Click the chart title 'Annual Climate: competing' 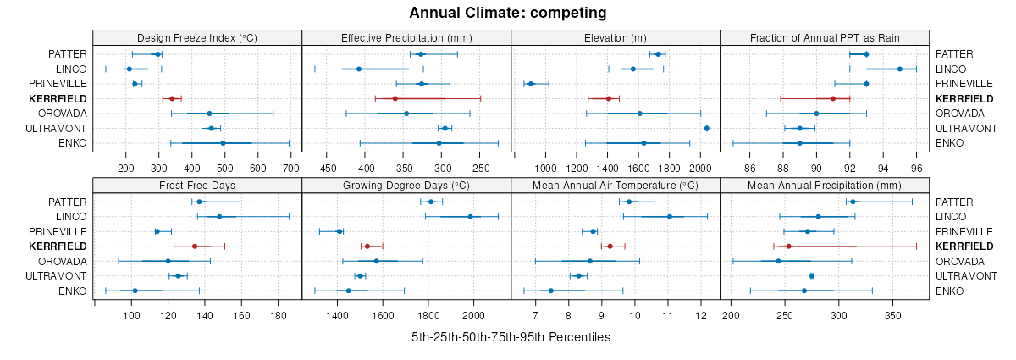pos(508,13)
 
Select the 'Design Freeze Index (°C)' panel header pos(197,37)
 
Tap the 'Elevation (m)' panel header pos(616,37)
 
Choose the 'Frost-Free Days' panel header pos(197,185)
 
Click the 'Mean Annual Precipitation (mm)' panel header pos(825,185)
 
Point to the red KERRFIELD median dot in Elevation pos(609,98)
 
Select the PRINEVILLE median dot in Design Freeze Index pos(135,84)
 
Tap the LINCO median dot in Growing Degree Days pos(471,216)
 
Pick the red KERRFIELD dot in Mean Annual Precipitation pos(788,246)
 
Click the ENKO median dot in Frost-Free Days pos(135,291)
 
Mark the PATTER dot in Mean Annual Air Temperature pos(629,202)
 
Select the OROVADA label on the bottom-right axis pos(960,261)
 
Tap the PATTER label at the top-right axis pos(954,54)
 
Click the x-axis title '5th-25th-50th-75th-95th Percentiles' pos(511,337)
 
